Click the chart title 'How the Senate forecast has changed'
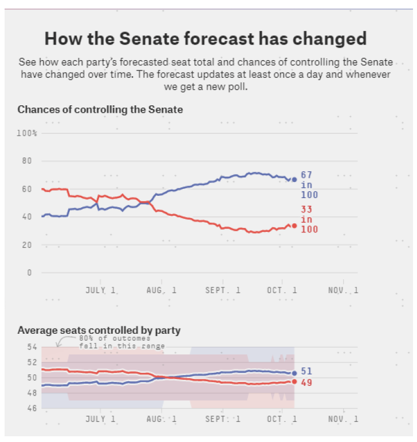(x=205, y=39)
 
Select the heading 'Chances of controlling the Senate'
(x=100, y=109)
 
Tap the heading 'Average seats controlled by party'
(x=99, y=330)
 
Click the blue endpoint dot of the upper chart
(x=294, y=179)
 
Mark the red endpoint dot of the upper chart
(x=294, y=226)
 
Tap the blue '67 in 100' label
(x=309, y=185)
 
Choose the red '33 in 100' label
(x=309, y=219)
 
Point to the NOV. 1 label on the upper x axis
(x=343, y=291)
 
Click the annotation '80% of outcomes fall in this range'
(x=121, y=342)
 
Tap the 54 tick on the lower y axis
(x=31, y=347)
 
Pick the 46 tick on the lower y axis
(x=31, y=408)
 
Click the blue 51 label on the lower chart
(x=306, y=372)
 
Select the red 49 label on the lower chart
(x=306, y=382)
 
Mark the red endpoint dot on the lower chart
(x=294, y=381)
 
